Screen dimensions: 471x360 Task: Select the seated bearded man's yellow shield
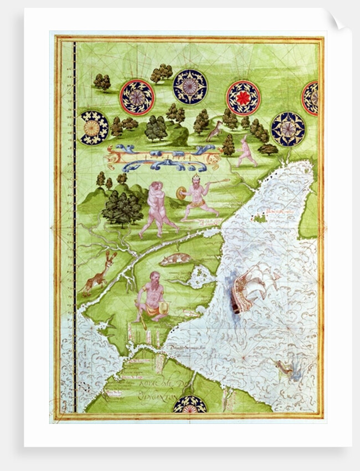tap(164, 309)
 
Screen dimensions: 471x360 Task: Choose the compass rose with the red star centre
tap(243, 98)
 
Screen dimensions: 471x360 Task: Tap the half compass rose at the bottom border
tap(190, 404)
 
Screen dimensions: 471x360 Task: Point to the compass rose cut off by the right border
tap(310, 98)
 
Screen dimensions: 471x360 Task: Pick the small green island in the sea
tap(259, 218)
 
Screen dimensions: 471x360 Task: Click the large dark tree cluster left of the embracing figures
tap(122, 207)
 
